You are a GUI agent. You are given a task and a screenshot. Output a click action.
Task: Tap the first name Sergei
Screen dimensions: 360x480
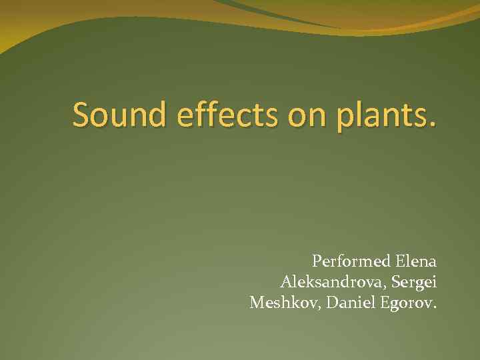point(414,283)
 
